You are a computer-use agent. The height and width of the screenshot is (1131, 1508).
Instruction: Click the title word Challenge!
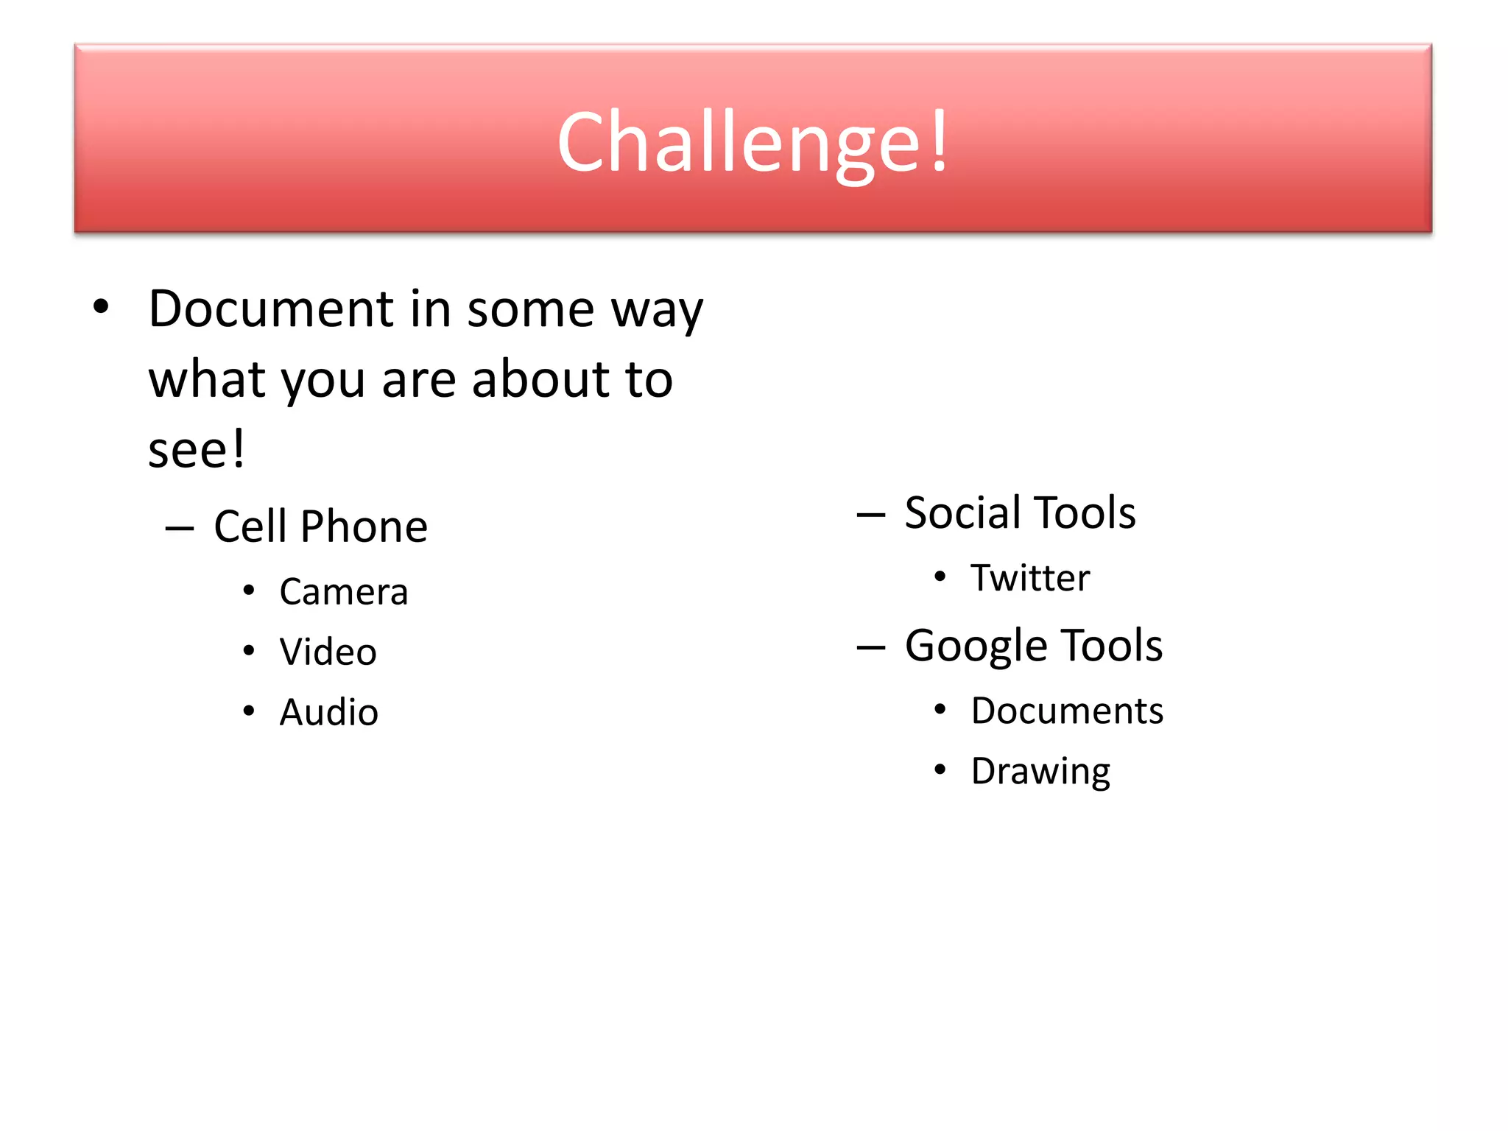[753, 141]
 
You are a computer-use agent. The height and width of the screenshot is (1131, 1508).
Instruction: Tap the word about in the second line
[540, 379]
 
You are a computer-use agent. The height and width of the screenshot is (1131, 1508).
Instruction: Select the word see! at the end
[196, 449]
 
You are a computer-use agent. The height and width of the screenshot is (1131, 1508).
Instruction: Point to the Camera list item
[343, 592]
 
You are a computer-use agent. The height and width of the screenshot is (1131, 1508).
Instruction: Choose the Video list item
[328, 652]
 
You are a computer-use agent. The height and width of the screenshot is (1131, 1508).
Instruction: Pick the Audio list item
[328, 713]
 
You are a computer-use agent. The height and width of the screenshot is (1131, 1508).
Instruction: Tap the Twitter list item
[1029, 578]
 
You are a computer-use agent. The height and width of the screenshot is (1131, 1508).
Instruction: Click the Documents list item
[1067, 711]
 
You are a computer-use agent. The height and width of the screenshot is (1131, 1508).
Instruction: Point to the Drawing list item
[1040, 772]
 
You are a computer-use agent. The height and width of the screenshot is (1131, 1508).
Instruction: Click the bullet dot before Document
[101, 307]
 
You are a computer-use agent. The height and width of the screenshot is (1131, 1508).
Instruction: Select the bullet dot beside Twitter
[940, 577]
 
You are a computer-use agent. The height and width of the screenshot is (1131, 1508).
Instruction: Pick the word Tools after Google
[1113, 646]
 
